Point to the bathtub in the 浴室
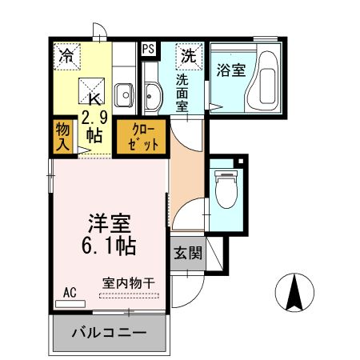pyautogui.click(x=263, y=85)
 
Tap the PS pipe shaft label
pyautogui.click(x=148, y=49)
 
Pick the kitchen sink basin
pyautogui.click(x=125, y=96)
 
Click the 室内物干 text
pyautogui.click(x=128, y=283)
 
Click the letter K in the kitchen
pyautogui.click(x=93, y=99)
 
